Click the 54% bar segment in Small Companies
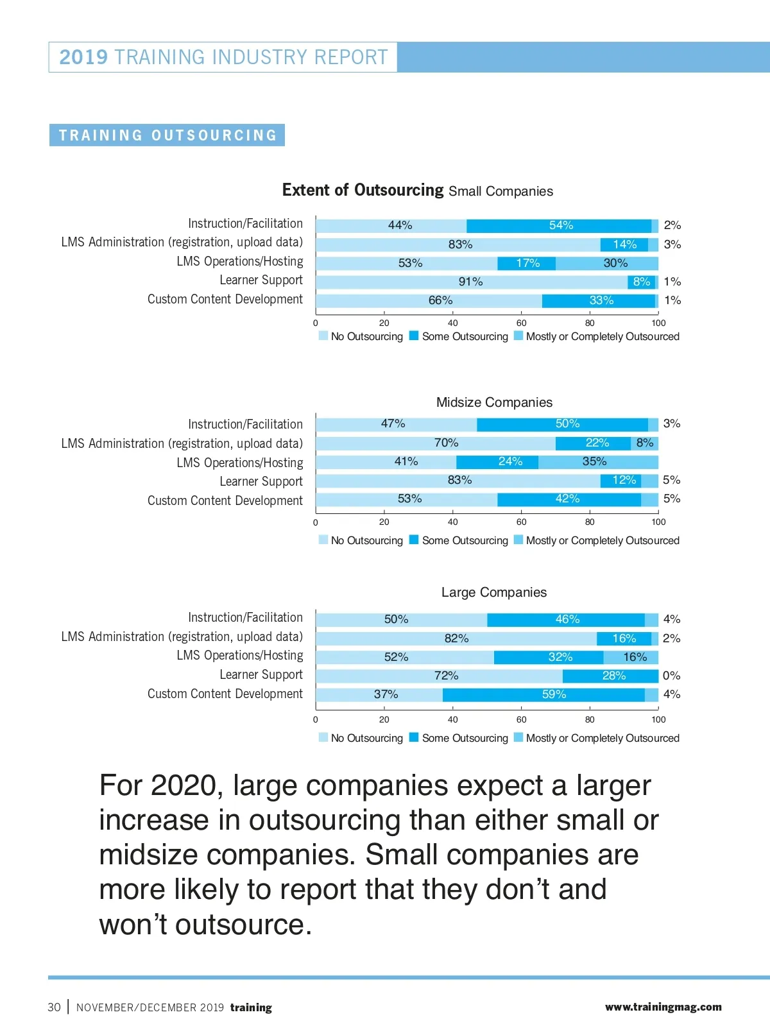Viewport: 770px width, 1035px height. click(x=560, y=225)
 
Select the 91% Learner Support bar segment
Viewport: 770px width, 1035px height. click(x=471, y=282)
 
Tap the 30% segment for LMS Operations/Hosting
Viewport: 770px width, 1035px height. click(x=607, y=263)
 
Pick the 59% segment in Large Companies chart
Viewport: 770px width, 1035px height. click(x=543, y=694)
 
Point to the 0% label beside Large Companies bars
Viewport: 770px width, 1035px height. click(x=671, y=676)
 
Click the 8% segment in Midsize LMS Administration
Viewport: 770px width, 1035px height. click(x=644, y=443)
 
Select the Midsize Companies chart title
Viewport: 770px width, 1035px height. click(x=494, y=402)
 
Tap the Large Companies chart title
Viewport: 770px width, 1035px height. click(x=494, y=592)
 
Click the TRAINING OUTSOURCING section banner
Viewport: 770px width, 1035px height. click(x=167, y=135)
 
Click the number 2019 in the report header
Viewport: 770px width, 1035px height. click(x=83, y=57)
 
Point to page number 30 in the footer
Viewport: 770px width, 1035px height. click(x=54, y=1007)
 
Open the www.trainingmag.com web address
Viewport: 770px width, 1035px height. click(x=663, y=1007)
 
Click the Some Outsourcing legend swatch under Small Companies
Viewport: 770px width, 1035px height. click(x=414, y=336)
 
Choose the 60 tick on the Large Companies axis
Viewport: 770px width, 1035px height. click(x=521, y=719)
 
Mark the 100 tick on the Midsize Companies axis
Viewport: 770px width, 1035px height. click(x=658, y=522)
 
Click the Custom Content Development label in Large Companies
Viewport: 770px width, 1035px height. click(x=225, y=694)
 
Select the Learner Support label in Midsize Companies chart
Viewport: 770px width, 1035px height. click(x=261, y=481)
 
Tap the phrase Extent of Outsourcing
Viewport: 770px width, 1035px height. click(x=363, y=190)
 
